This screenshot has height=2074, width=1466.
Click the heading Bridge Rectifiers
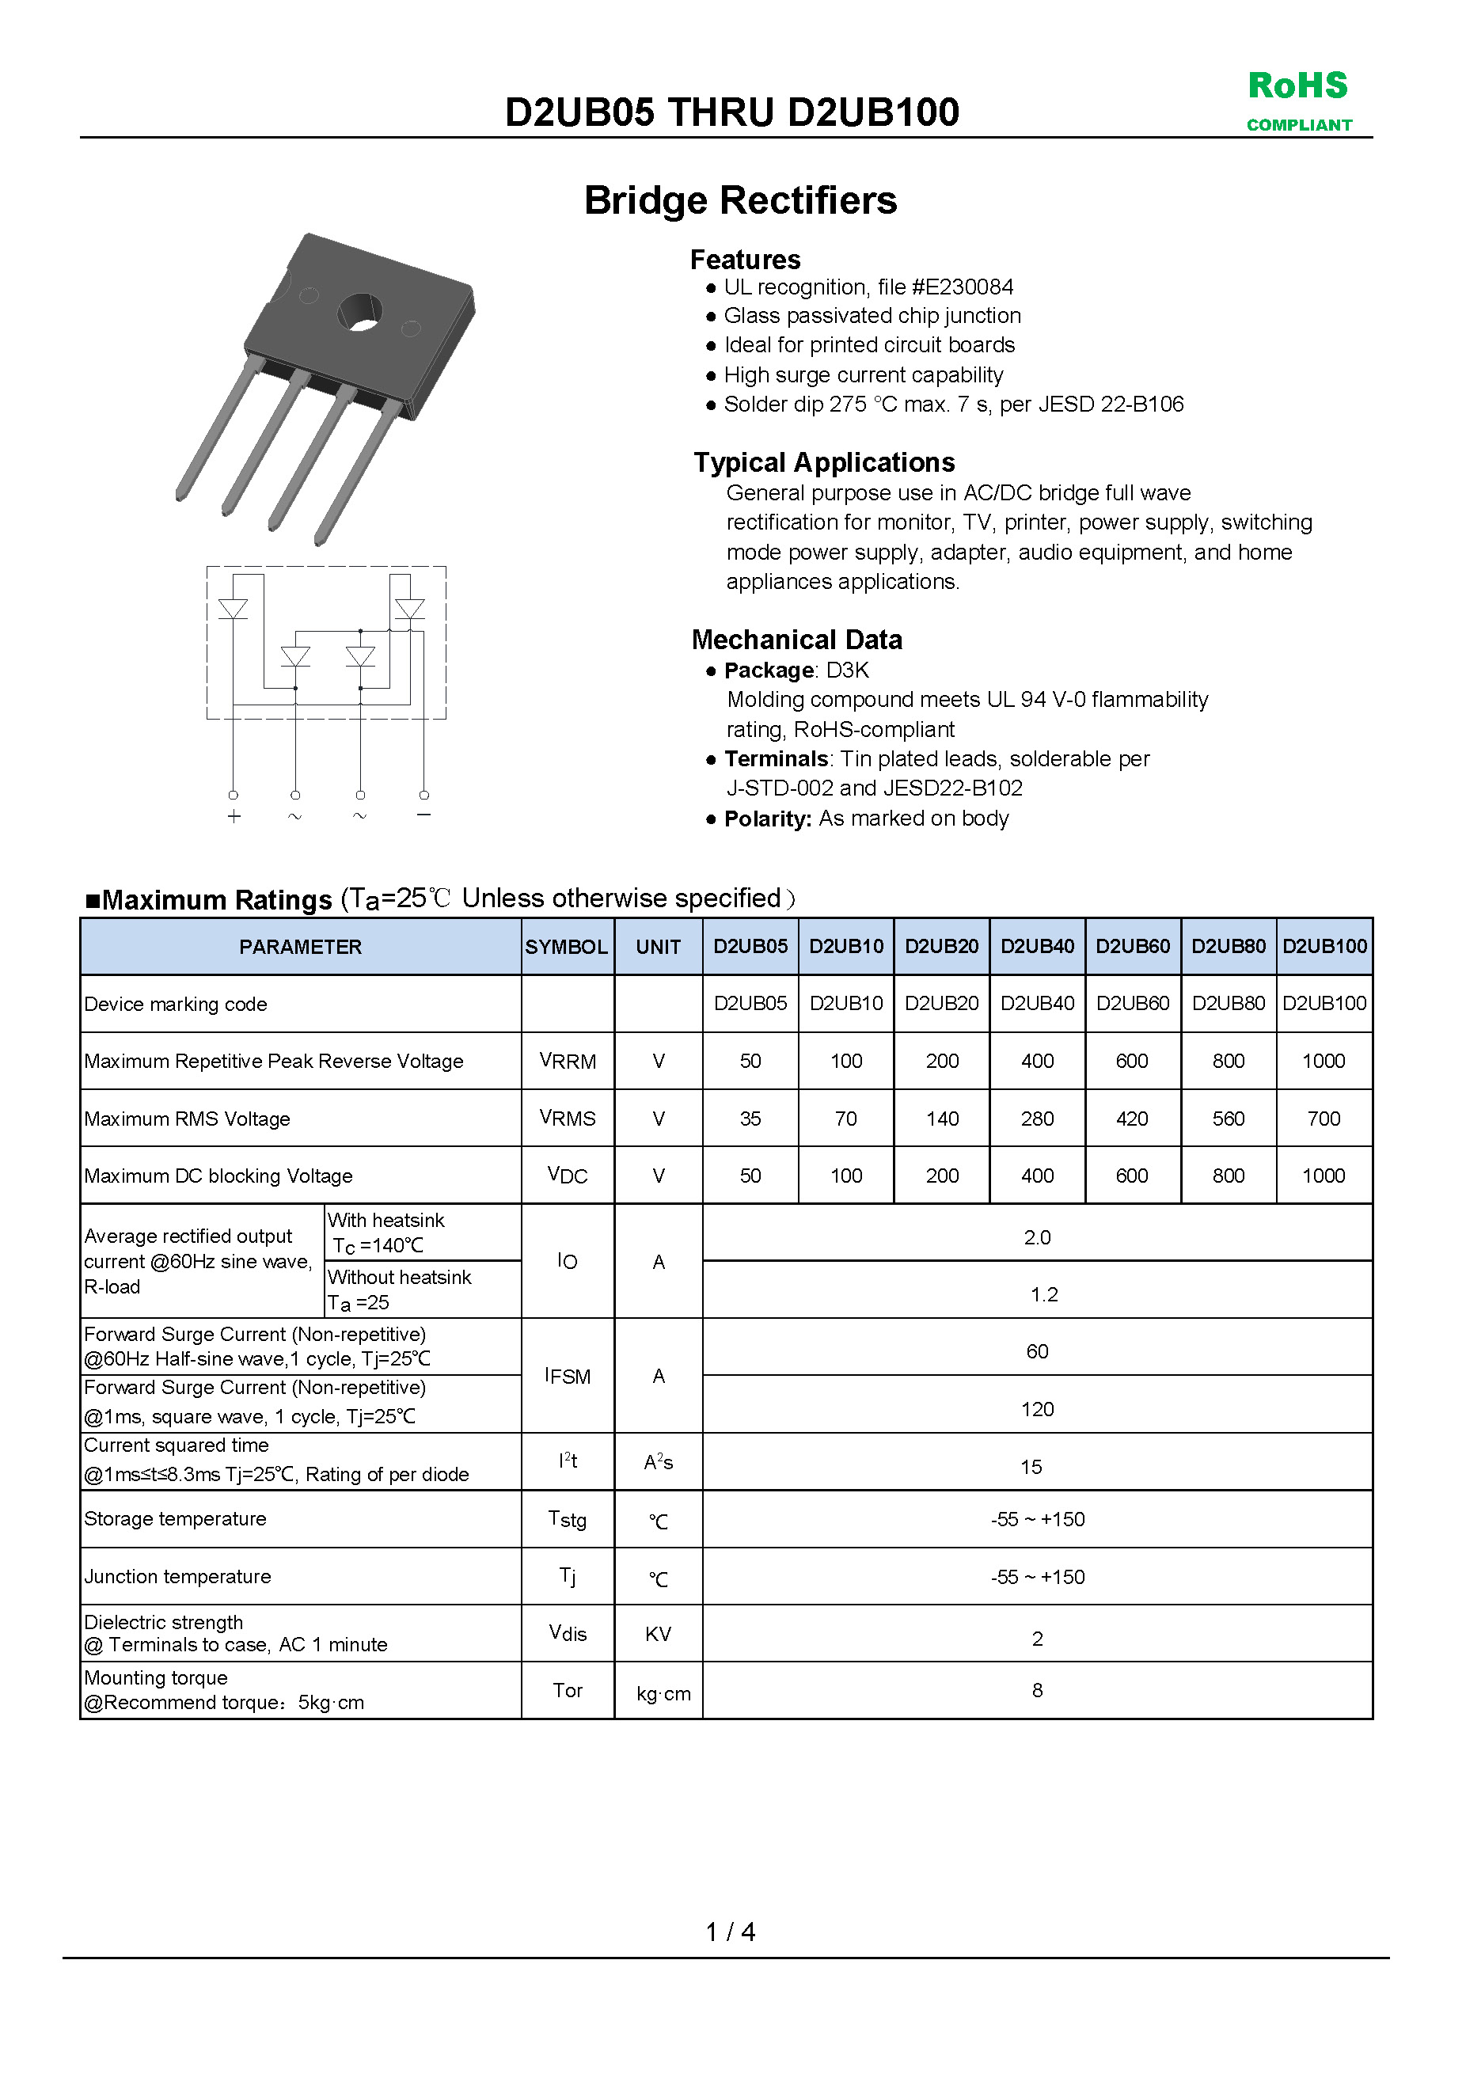click(x=740, y=200)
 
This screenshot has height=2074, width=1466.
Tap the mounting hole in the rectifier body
click(x=359, y=313)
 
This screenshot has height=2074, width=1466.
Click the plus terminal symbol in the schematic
click(x=234, y=817)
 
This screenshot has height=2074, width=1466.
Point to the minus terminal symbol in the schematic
click(x=423, y=815)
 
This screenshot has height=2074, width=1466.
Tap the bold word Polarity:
click(x=768, y=819)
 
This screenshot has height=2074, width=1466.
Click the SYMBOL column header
click(x=566, y=947)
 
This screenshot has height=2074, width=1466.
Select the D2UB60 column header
click(x=1133, y=946)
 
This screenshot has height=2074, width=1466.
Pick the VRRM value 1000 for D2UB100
click(x=1324, y=1062)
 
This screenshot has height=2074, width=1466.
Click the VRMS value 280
click(x=1037, y=1119)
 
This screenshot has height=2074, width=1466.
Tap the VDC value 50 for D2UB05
click(x=750, y=1176)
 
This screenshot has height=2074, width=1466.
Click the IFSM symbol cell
click(x=568, y=1376)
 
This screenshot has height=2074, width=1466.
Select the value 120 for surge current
click(x=1037, y=1409)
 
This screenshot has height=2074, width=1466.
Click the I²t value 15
click(x=1031, y=1467)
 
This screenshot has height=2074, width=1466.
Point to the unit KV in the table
click(x=658, y=1634)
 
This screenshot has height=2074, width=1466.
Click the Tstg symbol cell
click(x=568, y=1519)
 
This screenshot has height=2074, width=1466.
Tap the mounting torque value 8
click(x=1037, y=1690)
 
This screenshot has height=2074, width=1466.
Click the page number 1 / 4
click(x=730, y=1932)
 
